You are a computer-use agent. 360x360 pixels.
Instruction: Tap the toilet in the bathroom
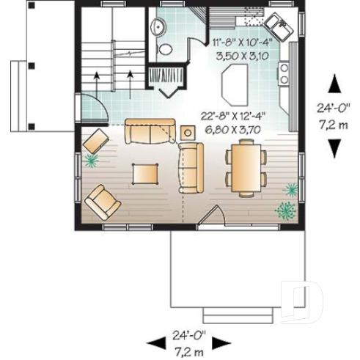coord(166,51)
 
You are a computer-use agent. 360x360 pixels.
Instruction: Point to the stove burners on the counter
coord(283,72)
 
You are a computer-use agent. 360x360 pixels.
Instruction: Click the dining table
coord(243,165)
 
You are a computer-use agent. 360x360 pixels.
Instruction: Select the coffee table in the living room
coord(144,174)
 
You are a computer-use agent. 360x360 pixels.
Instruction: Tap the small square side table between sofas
coord(188,133)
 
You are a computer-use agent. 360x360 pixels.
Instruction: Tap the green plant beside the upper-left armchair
coord(92,161)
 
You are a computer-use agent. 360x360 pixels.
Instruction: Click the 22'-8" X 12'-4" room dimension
coord(231,115)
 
